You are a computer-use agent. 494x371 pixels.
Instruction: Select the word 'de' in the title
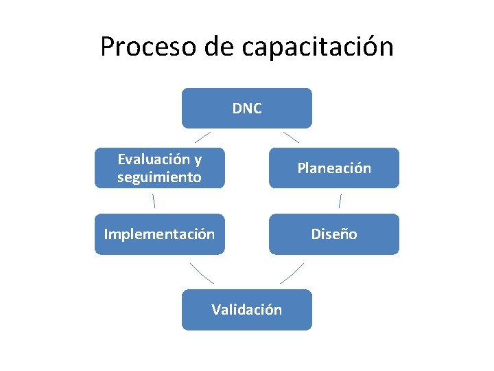[x=220, y=47]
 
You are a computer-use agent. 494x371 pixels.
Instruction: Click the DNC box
[x=246, y=108]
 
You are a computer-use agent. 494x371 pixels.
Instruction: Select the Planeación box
[x=333, y=168]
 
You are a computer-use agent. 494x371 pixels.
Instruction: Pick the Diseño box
[x=333, y=234]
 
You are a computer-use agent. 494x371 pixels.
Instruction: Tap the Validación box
[x=246, y=309]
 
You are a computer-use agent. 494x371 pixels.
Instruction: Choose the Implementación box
[x=159, y=234]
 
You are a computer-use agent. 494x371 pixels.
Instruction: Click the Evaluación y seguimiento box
[x=159, y=168]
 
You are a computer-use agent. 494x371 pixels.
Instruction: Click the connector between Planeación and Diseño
[x=340, y=201]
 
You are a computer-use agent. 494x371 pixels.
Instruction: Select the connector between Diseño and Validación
[x=292, y=272]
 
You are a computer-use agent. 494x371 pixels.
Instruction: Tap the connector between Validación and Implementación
[x=202, y=272]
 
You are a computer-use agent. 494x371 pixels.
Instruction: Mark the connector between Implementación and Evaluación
[x=154, y=201]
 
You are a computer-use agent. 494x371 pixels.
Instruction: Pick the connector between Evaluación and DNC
[x=198, y=137]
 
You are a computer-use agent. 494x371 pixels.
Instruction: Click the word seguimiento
[x=159, y=177]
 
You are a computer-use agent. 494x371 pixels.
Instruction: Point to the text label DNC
[x=246, y=108]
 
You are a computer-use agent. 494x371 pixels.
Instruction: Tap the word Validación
[x=246, y=309]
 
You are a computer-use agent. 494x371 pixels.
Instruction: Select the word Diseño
[x=333, y=234]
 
